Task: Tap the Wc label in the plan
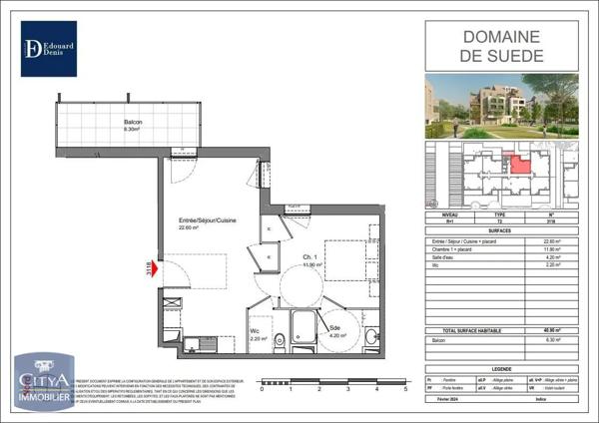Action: (x=257, y=332)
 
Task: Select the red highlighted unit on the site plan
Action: (x=518, y=164)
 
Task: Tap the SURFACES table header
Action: (x=501, y=231)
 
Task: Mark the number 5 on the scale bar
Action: (x=405, y=390)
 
